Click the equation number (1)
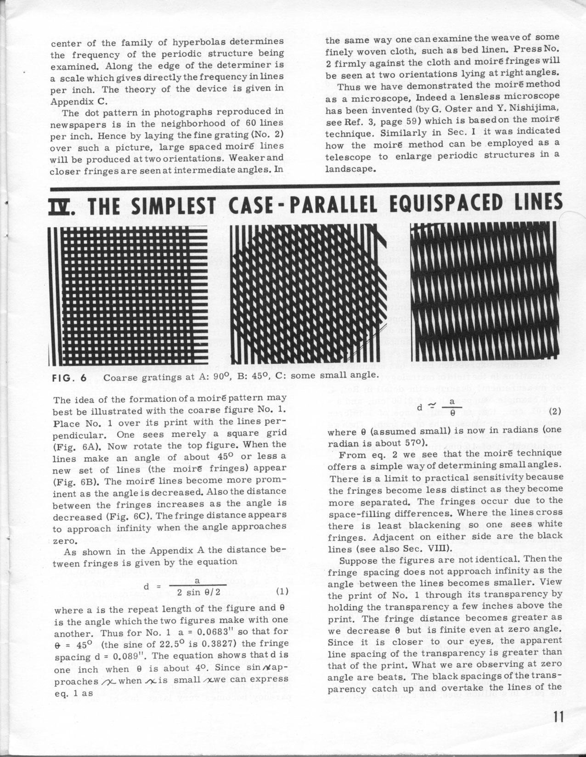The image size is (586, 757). (281, 591)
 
